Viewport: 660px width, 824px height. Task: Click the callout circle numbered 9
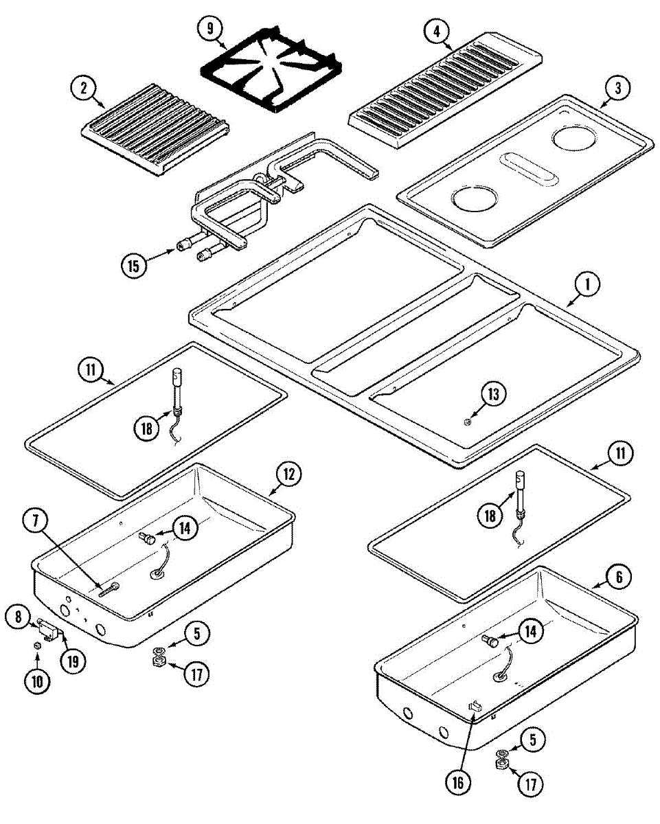pos(210,29)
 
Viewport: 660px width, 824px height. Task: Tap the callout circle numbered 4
pos(436,31)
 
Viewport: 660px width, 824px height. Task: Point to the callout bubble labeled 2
pos(84,88)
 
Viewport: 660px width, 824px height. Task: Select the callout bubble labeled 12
pos(289,474)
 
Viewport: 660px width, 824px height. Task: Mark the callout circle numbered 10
pos(36,682)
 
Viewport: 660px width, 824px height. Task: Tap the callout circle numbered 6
pos(619,578)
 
